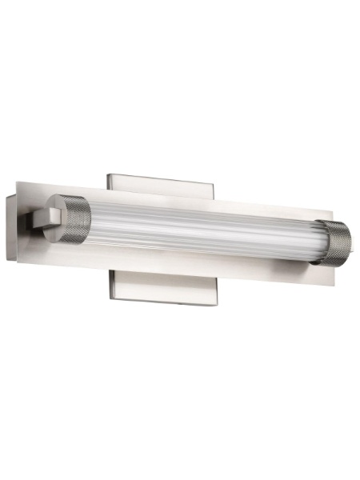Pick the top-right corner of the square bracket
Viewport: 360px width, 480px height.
click(214, 180)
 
